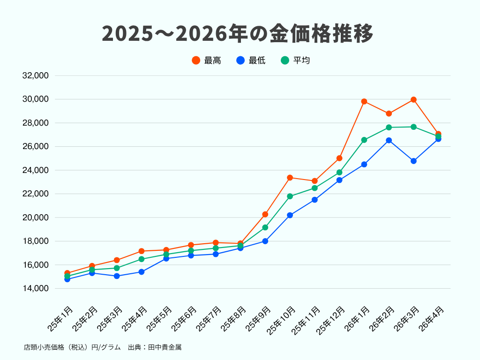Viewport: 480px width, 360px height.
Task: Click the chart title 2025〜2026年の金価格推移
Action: point(238,34)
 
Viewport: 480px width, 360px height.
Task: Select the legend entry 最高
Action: point(207,60)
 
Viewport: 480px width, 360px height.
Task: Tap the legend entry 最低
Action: point(251,60)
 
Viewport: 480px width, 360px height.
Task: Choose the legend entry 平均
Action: point(296,60)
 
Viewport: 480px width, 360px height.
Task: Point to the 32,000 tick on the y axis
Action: point(36,75)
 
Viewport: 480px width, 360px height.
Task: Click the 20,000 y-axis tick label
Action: point(36,217)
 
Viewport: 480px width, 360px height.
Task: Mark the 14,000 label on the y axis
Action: point(36,288)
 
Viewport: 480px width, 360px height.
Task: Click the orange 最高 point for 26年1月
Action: point(364,101)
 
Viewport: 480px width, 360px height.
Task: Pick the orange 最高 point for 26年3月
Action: point(413,99)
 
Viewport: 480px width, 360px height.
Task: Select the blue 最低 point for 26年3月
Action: point(413,161)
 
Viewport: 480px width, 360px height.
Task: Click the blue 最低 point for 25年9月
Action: point(265,241)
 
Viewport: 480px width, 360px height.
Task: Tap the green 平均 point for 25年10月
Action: point(290,196)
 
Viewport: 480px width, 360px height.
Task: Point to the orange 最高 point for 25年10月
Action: point(290,178)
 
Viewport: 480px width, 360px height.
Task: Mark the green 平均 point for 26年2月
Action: point(389,127)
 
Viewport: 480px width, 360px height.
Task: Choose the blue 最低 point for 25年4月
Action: point(142,271)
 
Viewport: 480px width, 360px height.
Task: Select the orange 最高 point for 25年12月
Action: point(339,158)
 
